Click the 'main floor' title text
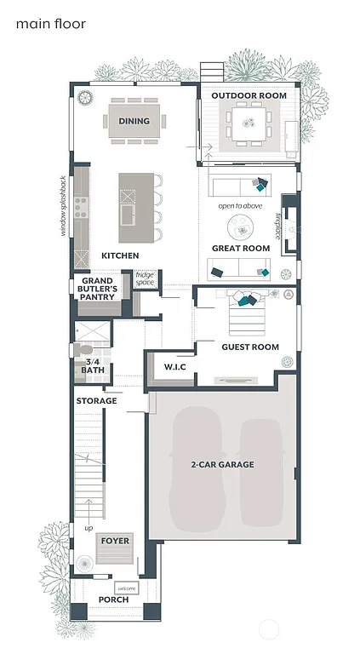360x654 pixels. point(51,24)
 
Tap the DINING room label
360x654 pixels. point(134,121)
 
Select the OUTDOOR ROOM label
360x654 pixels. point(249,96)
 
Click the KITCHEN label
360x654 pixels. point(120,255)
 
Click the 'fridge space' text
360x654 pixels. point(145,278)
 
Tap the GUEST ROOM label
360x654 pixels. point(250,347)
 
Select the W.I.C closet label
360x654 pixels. point(174,366)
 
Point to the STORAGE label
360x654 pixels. point(96,400)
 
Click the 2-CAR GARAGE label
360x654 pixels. point(223,464)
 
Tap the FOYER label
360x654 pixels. point(115,541)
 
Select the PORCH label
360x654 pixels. point(113,599)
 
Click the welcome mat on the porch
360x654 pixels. point(127,587)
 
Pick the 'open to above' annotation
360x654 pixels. point(240,206)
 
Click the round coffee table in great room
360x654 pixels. point(240,227)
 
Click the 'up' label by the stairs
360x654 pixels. point(88,528)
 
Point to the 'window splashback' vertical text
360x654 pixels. point(62,205)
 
